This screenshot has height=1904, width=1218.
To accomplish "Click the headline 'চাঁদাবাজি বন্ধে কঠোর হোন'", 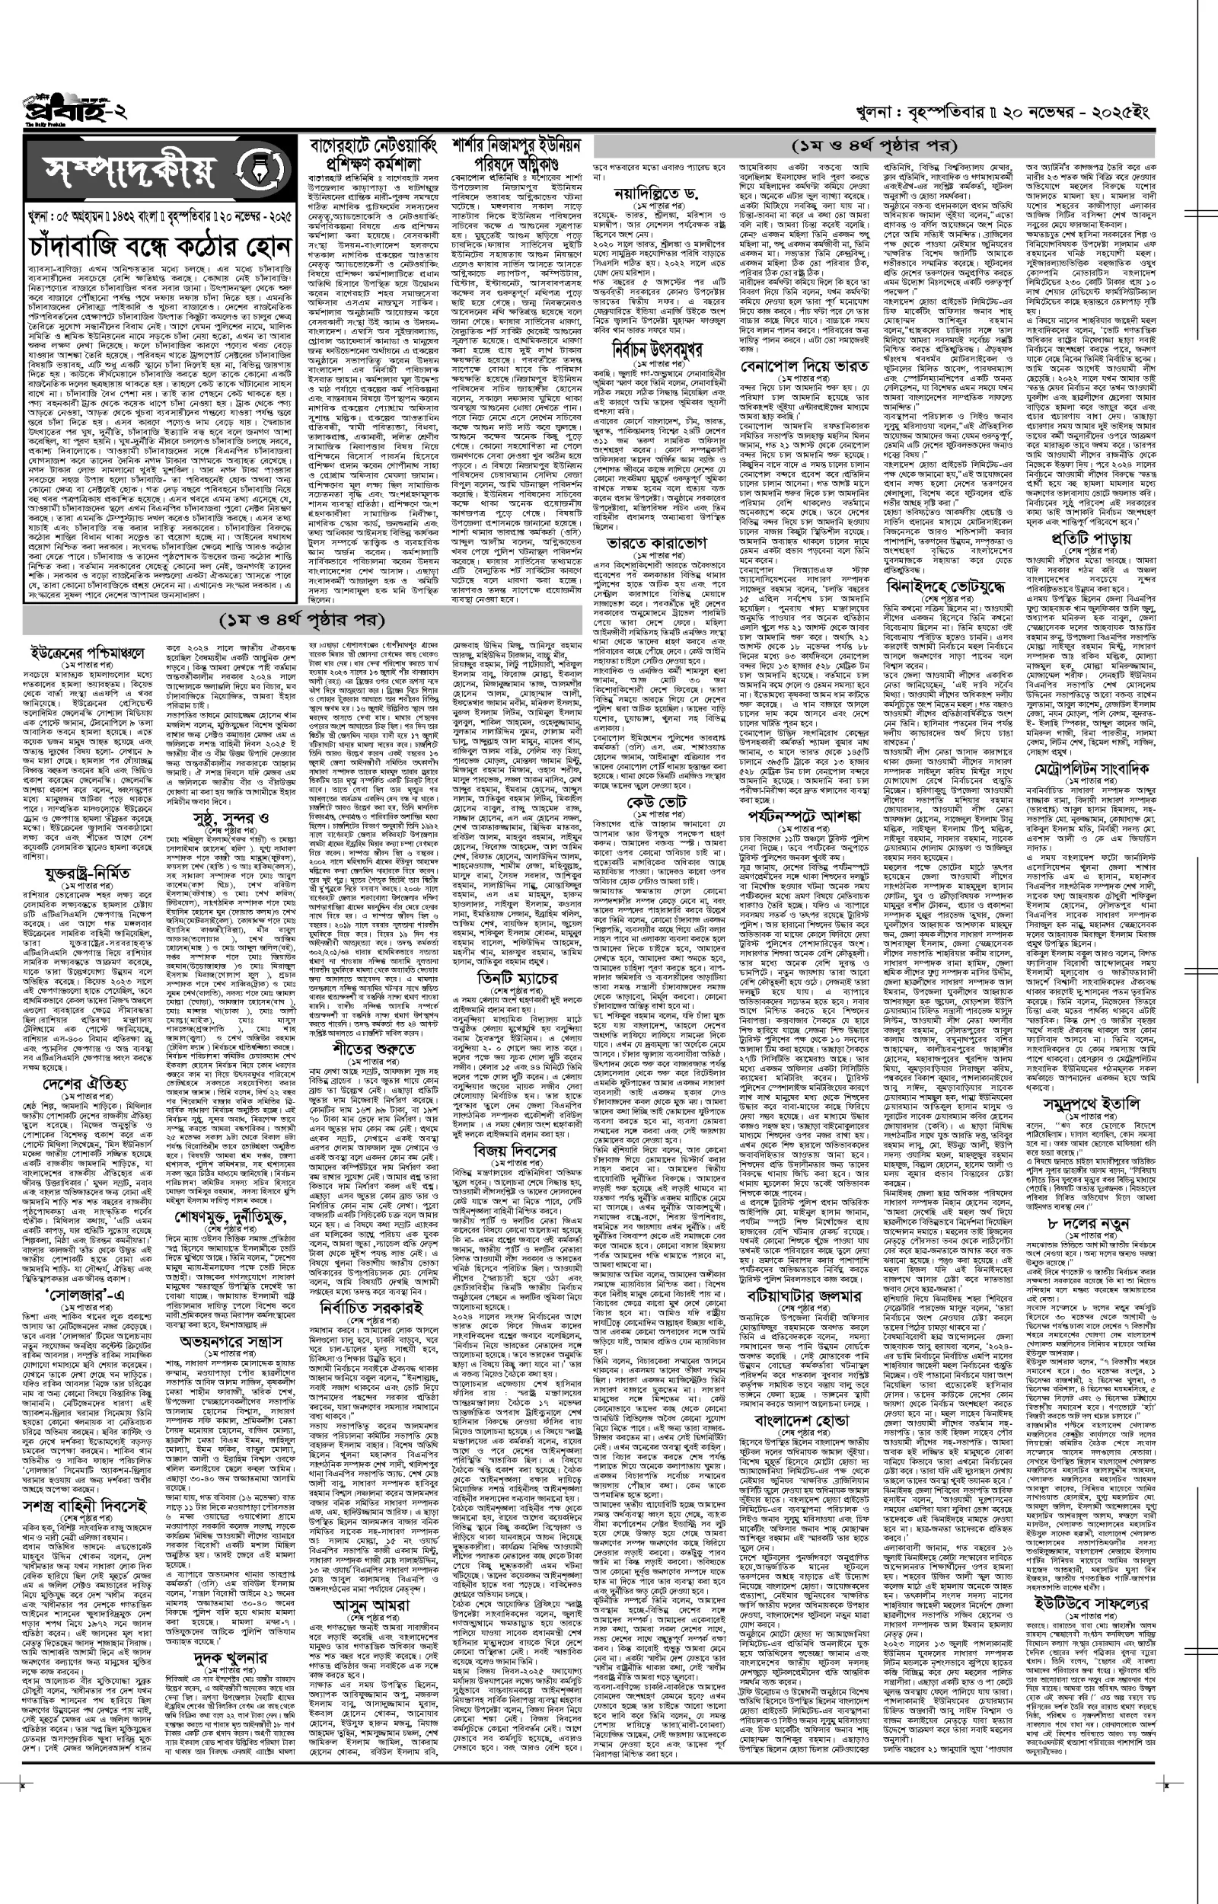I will pos(158,248).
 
